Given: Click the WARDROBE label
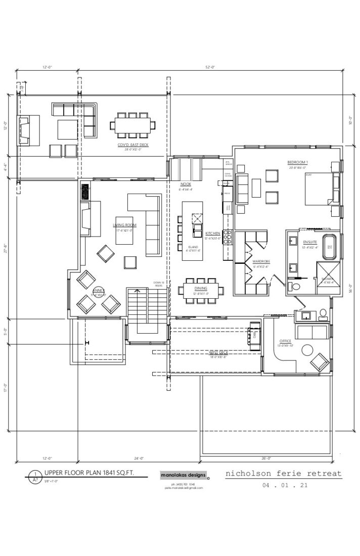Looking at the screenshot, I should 261,261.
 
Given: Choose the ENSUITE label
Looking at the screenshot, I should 309,243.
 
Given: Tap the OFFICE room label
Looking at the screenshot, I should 285,341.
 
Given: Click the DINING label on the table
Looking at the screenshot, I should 201,288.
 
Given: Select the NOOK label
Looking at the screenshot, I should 185,185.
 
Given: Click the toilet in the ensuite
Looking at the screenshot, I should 296,287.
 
